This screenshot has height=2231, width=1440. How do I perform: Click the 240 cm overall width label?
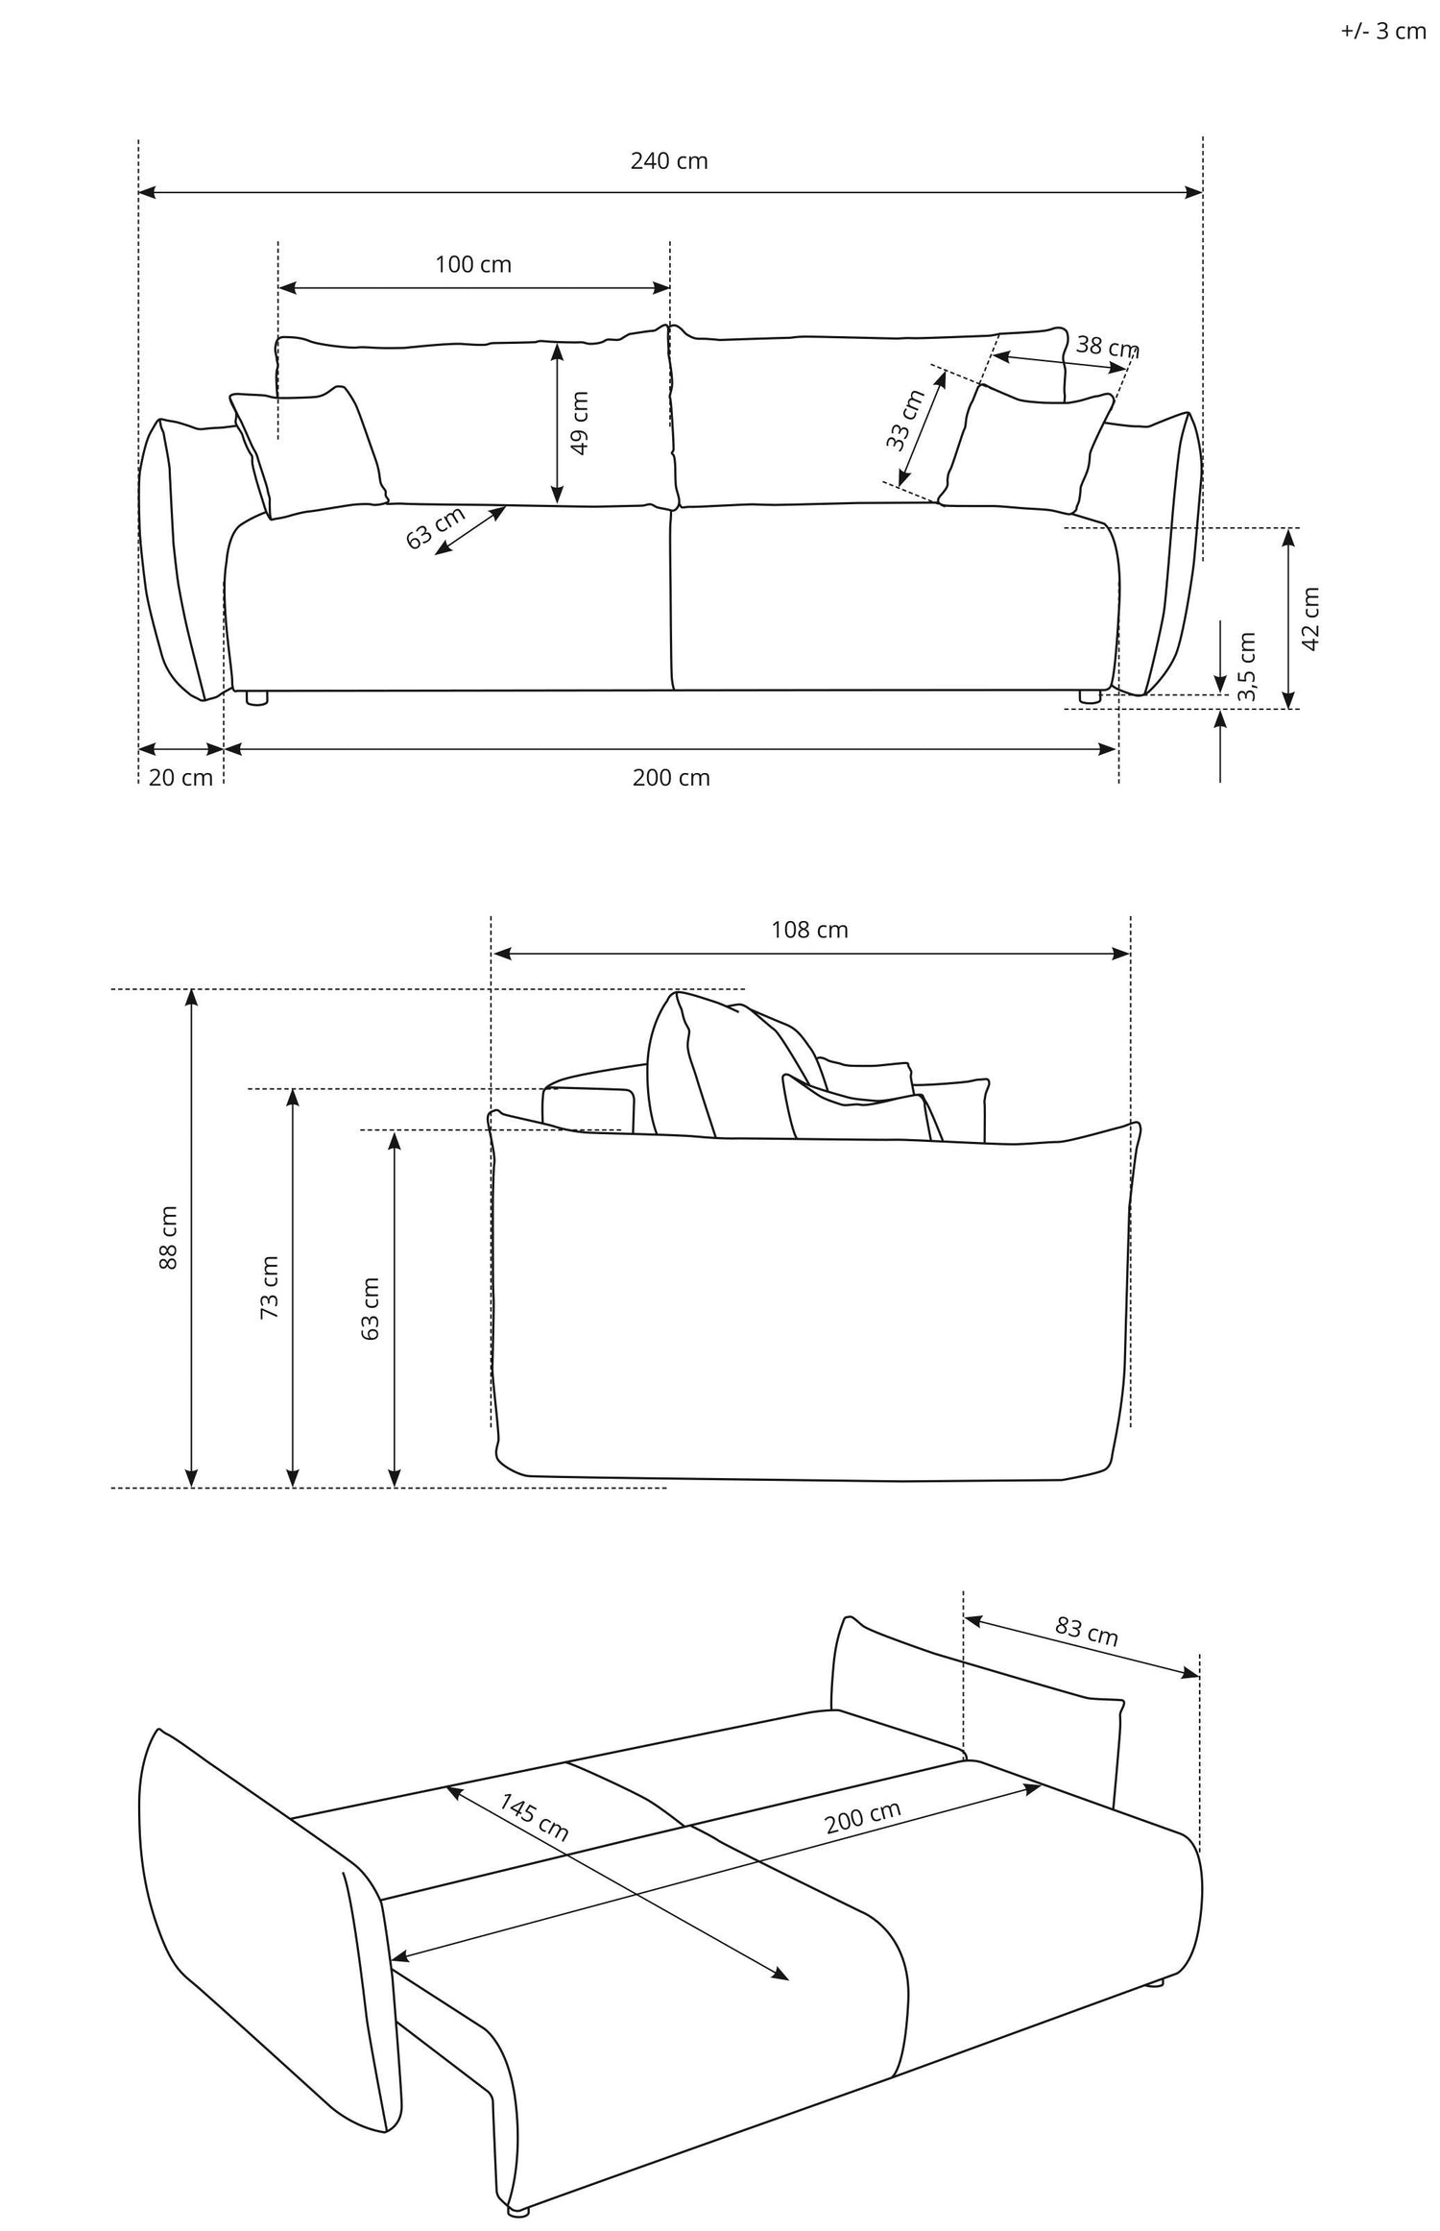669,161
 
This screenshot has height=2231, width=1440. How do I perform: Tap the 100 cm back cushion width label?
473,264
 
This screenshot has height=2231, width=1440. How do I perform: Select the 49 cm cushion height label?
580,423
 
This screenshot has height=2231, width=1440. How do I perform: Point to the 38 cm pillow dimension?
1107,346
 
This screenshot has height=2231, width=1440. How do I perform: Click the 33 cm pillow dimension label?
903,420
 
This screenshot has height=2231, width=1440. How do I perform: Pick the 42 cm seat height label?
1311,618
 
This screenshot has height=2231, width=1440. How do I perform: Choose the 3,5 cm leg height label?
1247,668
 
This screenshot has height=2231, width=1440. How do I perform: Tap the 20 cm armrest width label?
180,778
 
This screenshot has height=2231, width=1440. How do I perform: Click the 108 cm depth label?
809,930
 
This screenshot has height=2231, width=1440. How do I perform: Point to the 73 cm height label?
270,1287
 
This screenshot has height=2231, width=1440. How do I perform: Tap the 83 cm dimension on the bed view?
1087,1631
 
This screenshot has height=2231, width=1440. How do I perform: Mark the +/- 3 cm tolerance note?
1383,32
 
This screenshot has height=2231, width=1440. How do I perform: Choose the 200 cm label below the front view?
671,778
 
